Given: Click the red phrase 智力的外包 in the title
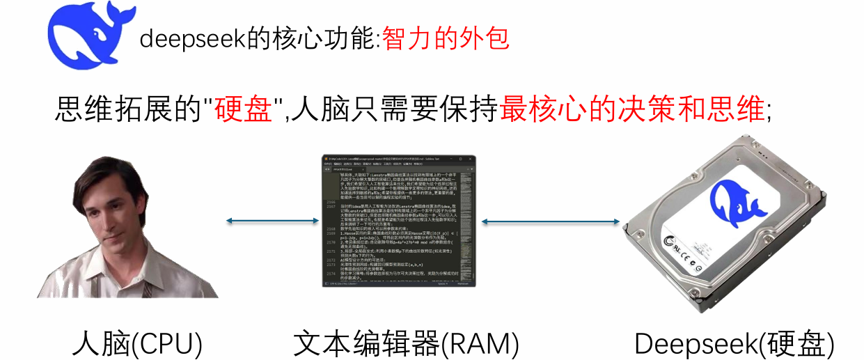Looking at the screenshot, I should pos(446,38).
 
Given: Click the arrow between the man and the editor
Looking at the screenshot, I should pos(271,222).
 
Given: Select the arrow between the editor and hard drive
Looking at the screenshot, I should pos(551,222).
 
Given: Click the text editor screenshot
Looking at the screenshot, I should pos(398,221).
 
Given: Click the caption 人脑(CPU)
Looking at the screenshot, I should pos(137,343).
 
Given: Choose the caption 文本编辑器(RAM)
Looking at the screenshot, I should pos(406,343).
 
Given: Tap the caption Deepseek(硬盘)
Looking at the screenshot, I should pos(734,343).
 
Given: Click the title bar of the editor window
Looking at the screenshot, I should pos(398,159).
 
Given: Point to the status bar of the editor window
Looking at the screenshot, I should pos(398,284).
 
